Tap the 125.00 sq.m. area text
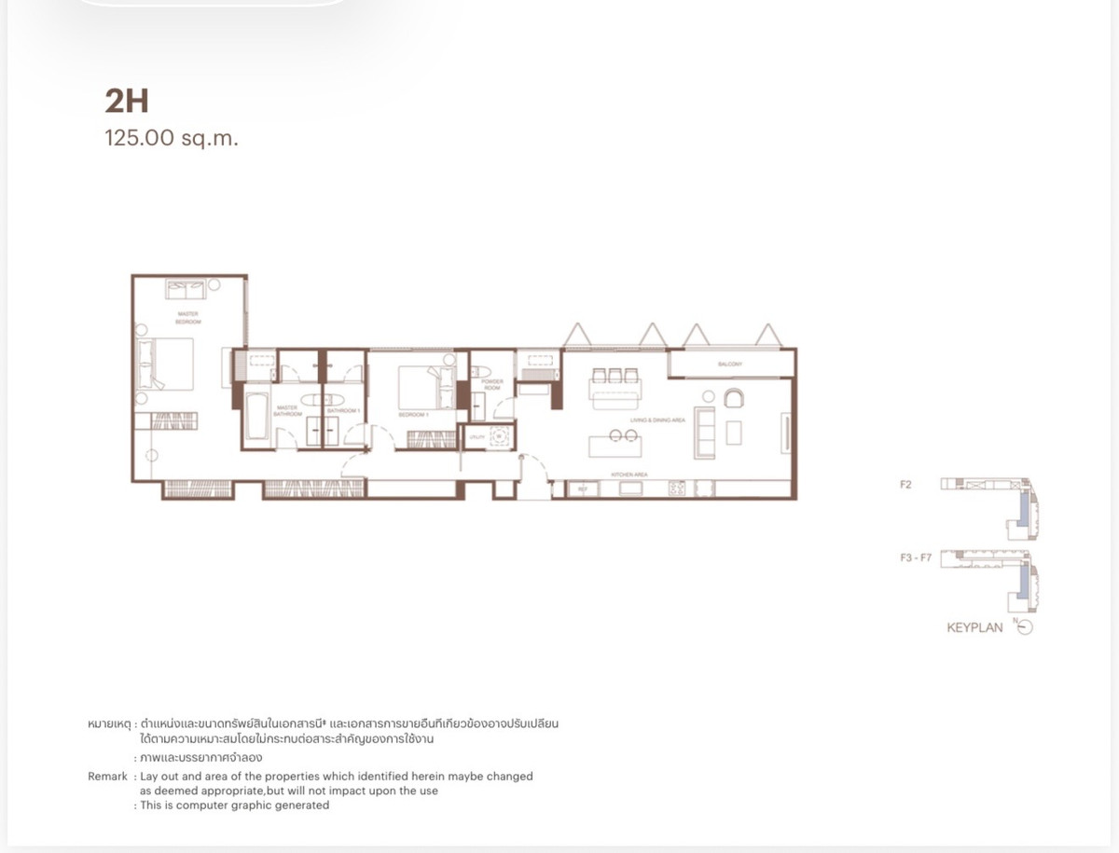(172, 140)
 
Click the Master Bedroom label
(187, 318)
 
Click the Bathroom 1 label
(343, 411)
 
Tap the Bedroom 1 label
(413, 415)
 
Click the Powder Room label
(491, 384)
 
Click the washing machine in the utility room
(499, 435)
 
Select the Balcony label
(729, 365)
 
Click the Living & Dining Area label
(657, 421)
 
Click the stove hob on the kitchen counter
(677, 488)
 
